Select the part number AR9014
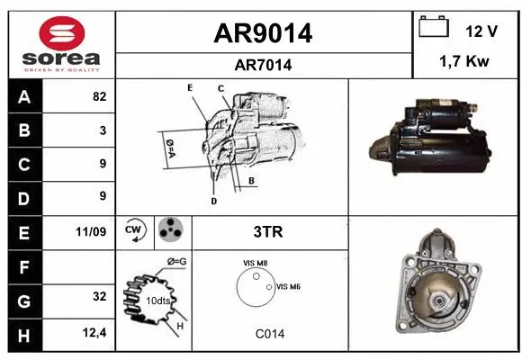click(x=263, y=33)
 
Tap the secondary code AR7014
click(x=263, y=65)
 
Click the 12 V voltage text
click(x=481, y=31)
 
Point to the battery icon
click(x=434, y=27)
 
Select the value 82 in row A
click(x=99, y=96)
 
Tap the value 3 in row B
click(x=103, y=130)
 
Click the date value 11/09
click(x=92, y=232)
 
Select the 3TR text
click(x=269, y=232)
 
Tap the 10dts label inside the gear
click(x=158, y=300)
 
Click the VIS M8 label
click(x=256, y=263)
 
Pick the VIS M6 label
click(x=289, y=286)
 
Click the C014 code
click(x=269, y=333)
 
